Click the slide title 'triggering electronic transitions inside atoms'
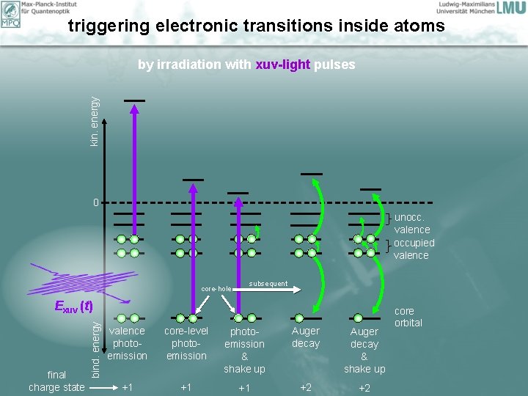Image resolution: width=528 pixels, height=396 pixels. click(256, 26)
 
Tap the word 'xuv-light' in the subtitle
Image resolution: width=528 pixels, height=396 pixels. click(283, 65)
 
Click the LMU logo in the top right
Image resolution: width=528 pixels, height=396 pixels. click(510, 8)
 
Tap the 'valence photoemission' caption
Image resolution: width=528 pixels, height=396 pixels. click(127, 343)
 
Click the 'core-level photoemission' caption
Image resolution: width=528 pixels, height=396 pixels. click(186, 343)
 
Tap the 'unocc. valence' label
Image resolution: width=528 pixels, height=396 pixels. click(411, 223)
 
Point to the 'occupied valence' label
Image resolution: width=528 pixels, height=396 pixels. click(414, 249)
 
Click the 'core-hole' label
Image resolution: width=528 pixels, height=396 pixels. click(216, 289)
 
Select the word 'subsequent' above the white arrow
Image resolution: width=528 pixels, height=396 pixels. click(268, 284)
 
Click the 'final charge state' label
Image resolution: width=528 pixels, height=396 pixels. click(56, 381)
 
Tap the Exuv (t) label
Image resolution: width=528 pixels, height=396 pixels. click(73, 306)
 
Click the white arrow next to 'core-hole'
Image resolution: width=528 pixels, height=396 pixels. click(264, 290)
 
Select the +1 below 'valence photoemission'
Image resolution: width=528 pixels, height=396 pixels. click(127, 386)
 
